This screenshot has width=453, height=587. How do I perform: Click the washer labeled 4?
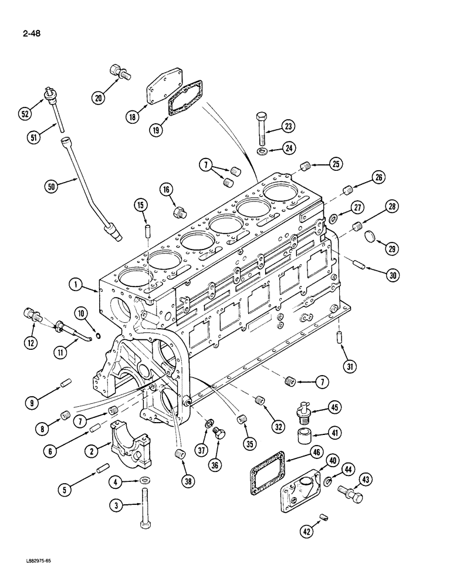[x=144, y=482]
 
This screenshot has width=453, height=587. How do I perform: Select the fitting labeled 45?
[x=306, y=411]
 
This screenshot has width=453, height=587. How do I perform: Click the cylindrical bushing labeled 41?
[x=305, y=438]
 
